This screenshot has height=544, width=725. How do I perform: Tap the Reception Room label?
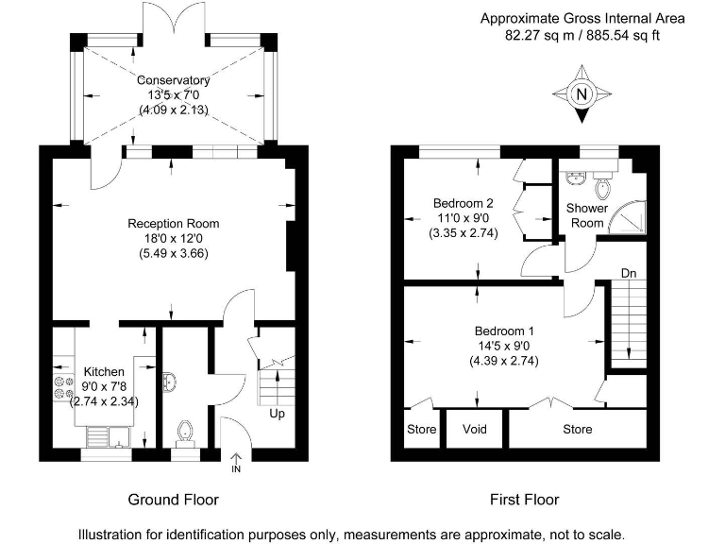pos(174,224)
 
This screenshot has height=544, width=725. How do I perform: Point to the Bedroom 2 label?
pos(463,203)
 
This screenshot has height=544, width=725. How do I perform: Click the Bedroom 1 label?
pos(504,331)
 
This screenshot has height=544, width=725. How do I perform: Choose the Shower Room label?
pos(584,215)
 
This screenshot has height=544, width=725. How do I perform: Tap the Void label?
pos(475,429)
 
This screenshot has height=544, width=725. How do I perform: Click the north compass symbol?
pos(582,93)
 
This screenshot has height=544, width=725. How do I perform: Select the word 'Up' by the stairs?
pos(277,414)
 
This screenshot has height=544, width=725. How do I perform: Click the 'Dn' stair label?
pos(629,274)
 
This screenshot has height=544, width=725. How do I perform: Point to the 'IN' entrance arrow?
pos(235,463)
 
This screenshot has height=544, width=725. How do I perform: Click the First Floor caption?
pos(524,500)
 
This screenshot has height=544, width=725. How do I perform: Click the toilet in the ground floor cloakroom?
pos(185,431)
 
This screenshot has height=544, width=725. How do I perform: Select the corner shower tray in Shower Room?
pos(625,218)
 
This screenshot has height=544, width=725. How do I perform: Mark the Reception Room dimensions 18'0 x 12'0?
pos(174,239)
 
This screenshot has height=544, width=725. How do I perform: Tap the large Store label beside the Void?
pos(578,429)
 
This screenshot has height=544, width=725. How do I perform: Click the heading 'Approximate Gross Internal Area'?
pos(582,18)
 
